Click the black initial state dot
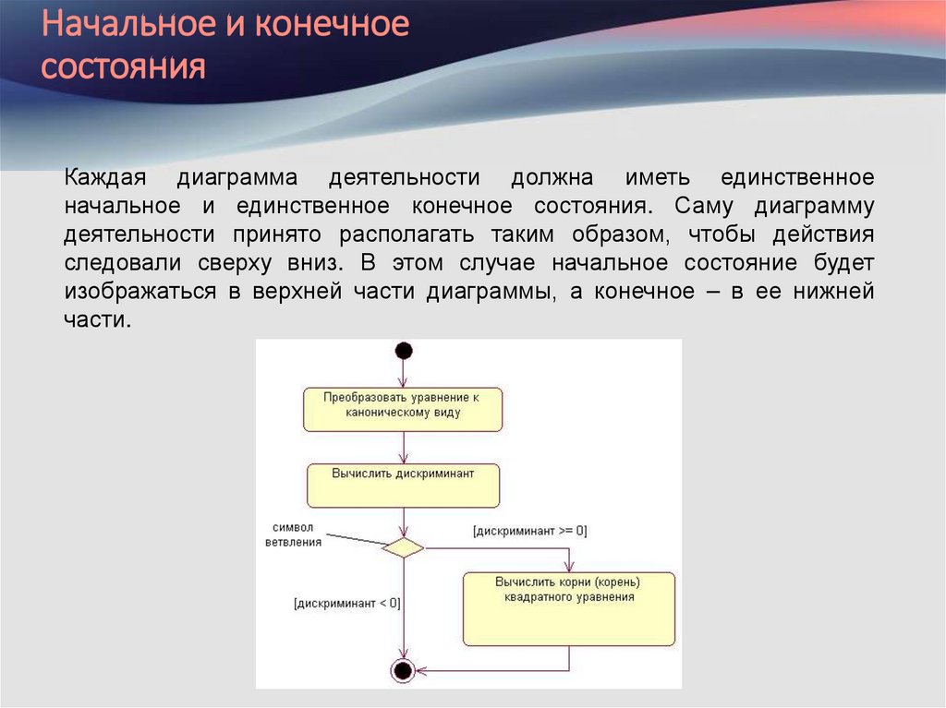(403, 351)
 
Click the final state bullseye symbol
(403, 670)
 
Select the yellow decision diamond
(403, 547)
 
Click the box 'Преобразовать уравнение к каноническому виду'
(403, 409)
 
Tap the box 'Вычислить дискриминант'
(403, 486)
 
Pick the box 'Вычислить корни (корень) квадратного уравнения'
(568, 608)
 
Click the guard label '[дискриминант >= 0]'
(529, 532)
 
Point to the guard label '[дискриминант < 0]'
(347, 605)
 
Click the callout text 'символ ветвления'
(293, 534)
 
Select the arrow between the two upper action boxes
(404, 447)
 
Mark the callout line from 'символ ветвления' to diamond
(356, 538)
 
